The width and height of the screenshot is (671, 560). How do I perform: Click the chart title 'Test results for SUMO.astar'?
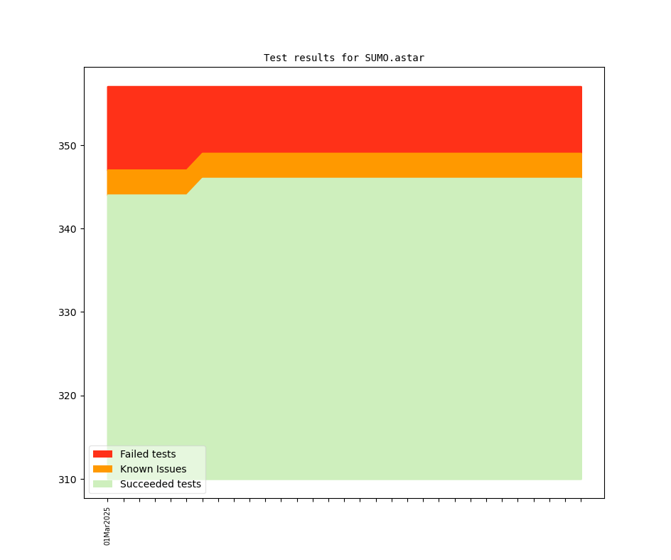[344, 58]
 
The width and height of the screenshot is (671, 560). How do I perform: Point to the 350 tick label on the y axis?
[68, 146]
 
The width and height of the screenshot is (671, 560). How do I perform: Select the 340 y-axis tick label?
[68, 229]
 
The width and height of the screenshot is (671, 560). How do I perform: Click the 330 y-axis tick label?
[68, 312]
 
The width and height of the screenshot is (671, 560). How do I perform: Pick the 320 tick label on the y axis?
[68, 396]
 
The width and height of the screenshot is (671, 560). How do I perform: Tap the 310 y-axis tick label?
[68, 480]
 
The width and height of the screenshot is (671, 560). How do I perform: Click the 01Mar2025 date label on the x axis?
[107, 526]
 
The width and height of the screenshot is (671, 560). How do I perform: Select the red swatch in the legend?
[102, 454]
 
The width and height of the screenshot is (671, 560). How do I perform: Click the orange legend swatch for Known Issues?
[102, 469]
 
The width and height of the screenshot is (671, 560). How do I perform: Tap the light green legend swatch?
[102, 484]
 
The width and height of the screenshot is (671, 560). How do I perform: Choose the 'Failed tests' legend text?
[148, 454]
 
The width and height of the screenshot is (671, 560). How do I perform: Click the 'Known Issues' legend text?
[153, 469]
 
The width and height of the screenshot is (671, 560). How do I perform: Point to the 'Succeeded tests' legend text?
[161, 484]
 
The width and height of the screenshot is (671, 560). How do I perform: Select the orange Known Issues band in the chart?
[391, 165]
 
